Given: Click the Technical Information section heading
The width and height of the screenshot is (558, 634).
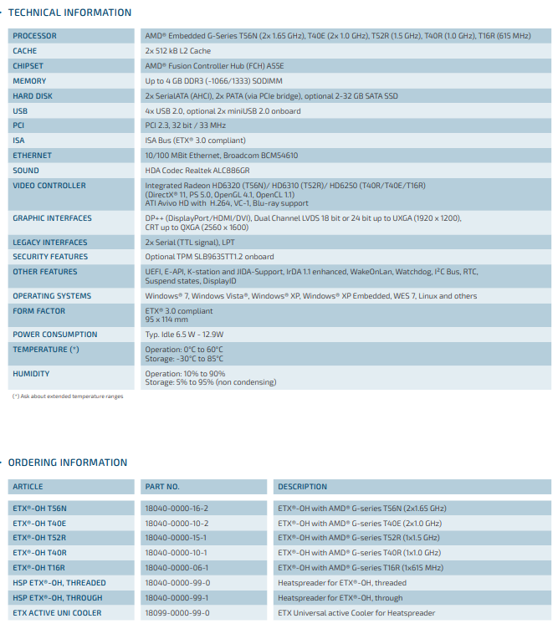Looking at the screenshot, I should (x=69, y=13).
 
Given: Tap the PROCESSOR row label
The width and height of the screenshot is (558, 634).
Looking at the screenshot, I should (x=35, y=36).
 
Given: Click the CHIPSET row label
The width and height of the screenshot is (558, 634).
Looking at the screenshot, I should (x=28, y=66).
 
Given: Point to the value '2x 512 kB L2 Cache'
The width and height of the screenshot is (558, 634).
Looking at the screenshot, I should (x=177, y=51).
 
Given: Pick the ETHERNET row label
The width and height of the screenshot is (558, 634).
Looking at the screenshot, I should (x=32, y=156).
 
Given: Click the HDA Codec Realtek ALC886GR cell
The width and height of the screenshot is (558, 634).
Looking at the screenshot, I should (x=203, y=171).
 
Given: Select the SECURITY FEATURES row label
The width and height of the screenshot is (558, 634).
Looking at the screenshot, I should (x=50, y=257).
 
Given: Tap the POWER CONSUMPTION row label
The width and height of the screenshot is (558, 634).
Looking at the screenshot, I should (x=55, y=335).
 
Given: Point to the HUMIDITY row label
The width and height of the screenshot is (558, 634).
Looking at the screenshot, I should (x=31, y=374).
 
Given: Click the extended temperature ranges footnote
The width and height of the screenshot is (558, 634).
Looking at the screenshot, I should (x=67, y=396).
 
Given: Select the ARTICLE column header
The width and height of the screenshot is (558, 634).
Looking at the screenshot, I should (x=28, y=487).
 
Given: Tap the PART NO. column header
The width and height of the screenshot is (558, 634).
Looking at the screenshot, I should (x=162, y=487).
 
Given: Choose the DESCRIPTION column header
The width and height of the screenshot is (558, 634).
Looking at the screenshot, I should (x=303, y=487).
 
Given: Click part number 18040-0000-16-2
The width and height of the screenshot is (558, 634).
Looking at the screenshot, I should (x=177, y=508).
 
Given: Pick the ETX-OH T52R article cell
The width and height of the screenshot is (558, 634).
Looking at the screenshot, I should (x=39, y=538).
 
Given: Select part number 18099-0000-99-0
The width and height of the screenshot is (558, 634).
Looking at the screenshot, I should (x=177, y=613).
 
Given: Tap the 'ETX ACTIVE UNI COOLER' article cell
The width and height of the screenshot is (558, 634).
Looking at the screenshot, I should (x=58, y=613).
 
